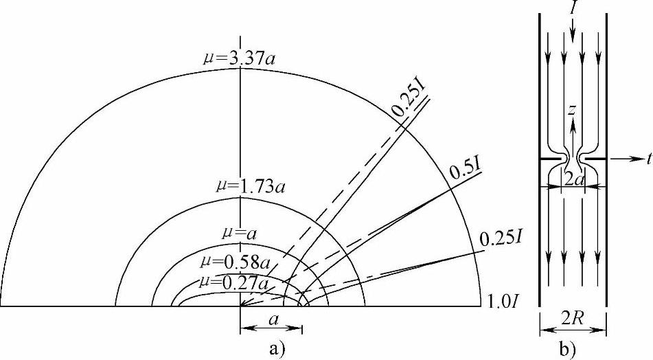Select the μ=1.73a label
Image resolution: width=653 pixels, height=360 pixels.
[251, 186]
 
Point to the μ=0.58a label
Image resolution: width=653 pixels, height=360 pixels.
[236, 262]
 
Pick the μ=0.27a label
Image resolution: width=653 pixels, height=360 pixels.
[234, 282]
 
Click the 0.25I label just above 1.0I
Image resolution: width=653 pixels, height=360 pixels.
[501, 238]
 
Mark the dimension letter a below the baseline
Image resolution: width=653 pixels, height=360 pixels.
[273, 320]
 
